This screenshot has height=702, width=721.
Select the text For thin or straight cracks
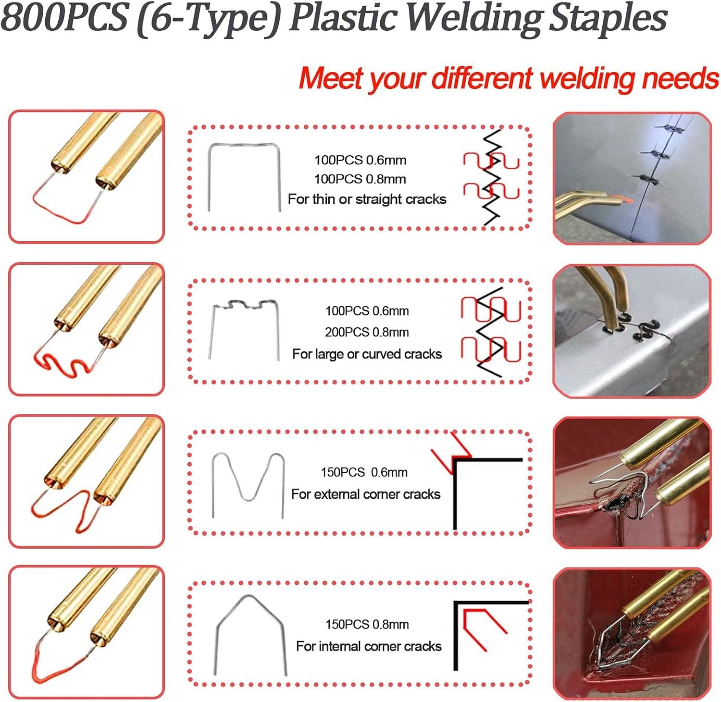367,199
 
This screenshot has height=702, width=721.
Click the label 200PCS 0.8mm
367,332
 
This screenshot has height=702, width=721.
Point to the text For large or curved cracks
367,354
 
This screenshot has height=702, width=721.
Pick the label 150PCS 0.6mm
364,472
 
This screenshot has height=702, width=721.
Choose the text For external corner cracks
366,494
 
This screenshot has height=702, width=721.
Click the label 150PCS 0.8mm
367,624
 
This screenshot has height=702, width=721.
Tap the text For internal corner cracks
368,646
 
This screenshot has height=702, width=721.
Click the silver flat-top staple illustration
244,177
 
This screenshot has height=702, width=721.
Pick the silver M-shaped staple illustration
248,484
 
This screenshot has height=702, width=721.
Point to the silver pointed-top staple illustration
250,634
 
